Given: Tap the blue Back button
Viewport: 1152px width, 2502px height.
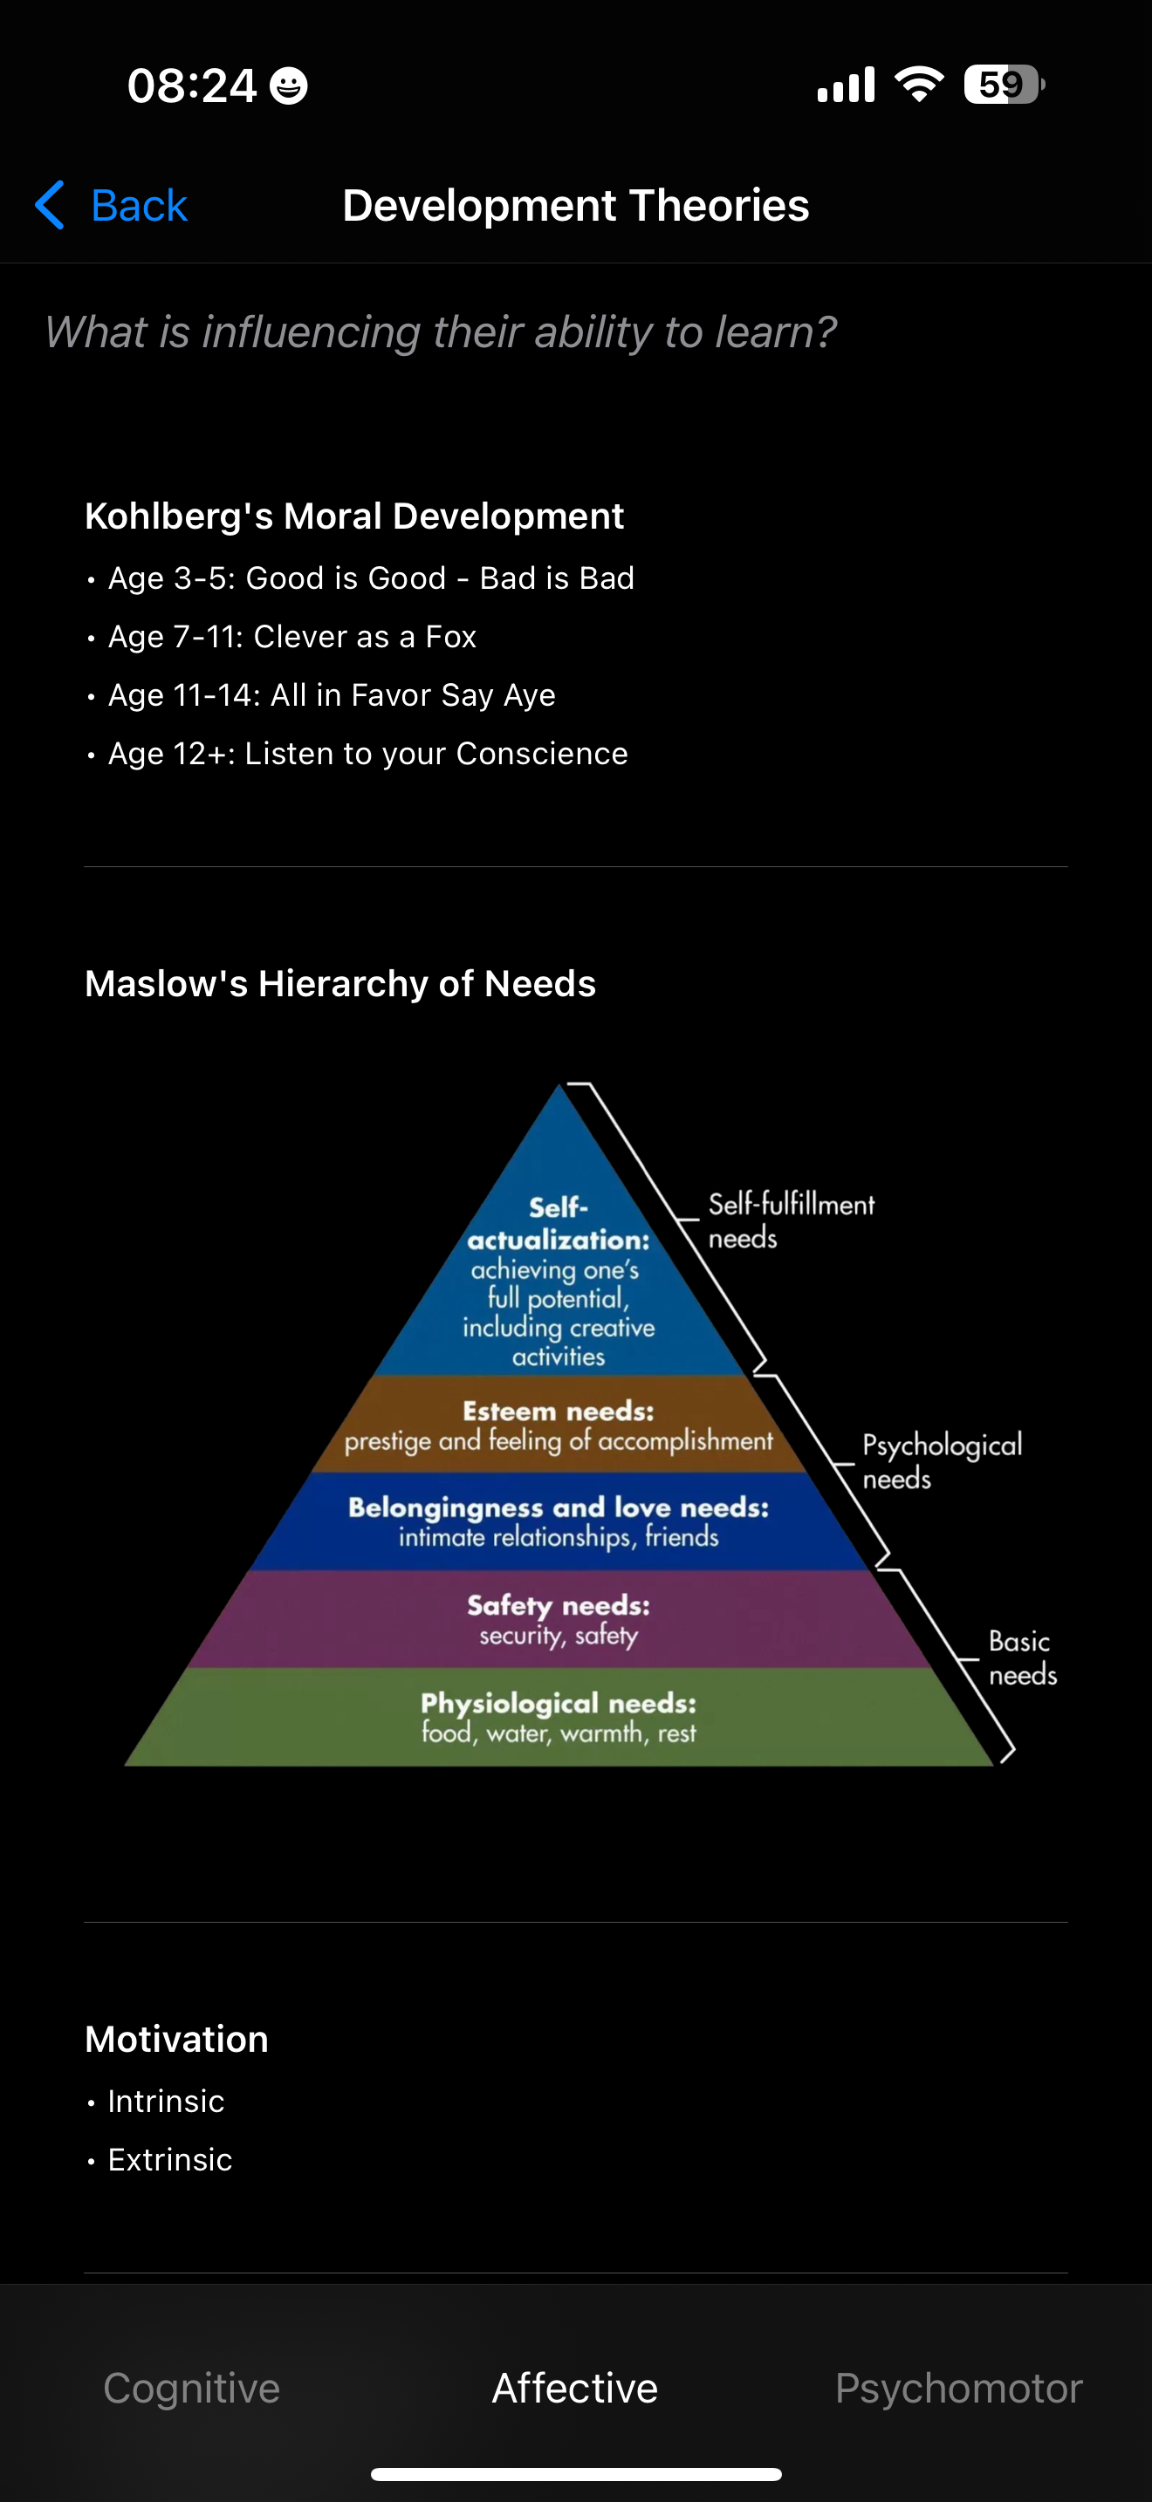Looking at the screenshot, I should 112,206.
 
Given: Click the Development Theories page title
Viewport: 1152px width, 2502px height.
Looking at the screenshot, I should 576,206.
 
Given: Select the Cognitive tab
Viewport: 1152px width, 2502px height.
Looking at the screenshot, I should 191,2388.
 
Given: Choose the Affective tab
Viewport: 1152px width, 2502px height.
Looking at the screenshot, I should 575,2388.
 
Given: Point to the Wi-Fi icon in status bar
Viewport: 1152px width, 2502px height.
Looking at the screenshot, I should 919,85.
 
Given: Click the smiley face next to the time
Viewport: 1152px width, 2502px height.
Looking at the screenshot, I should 289,85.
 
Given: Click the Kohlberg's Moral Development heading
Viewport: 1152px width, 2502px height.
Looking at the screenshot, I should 354,516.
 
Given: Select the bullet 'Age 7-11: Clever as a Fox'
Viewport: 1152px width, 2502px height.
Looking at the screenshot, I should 292,636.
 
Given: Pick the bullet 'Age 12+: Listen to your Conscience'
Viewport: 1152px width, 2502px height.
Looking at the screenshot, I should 368,754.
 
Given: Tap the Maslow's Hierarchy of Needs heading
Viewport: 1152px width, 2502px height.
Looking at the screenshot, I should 340,984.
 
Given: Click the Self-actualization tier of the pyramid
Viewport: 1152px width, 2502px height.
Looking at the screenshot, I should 559,1282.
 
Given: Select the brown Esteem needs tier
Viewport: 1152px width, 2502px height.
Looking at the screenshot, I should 559,1425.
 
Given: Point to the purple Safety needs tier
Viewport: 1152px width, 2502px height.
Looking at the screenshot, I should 559,1619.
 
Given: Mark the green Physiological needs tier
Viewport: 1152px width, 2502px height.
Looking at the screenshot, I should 559,1717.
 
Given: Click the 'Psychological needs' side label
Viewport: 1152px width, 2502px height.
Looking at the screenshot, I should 941,1460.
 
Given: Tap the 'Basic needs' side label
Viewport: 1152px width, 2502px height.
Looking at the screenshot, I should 1022,1657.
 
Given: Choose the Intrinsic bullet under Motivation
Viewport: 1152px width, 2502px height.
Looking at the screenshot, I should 166,2101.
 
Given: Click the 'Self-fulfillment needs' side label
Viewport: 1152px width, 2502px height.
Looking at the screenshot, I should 791,1220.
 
